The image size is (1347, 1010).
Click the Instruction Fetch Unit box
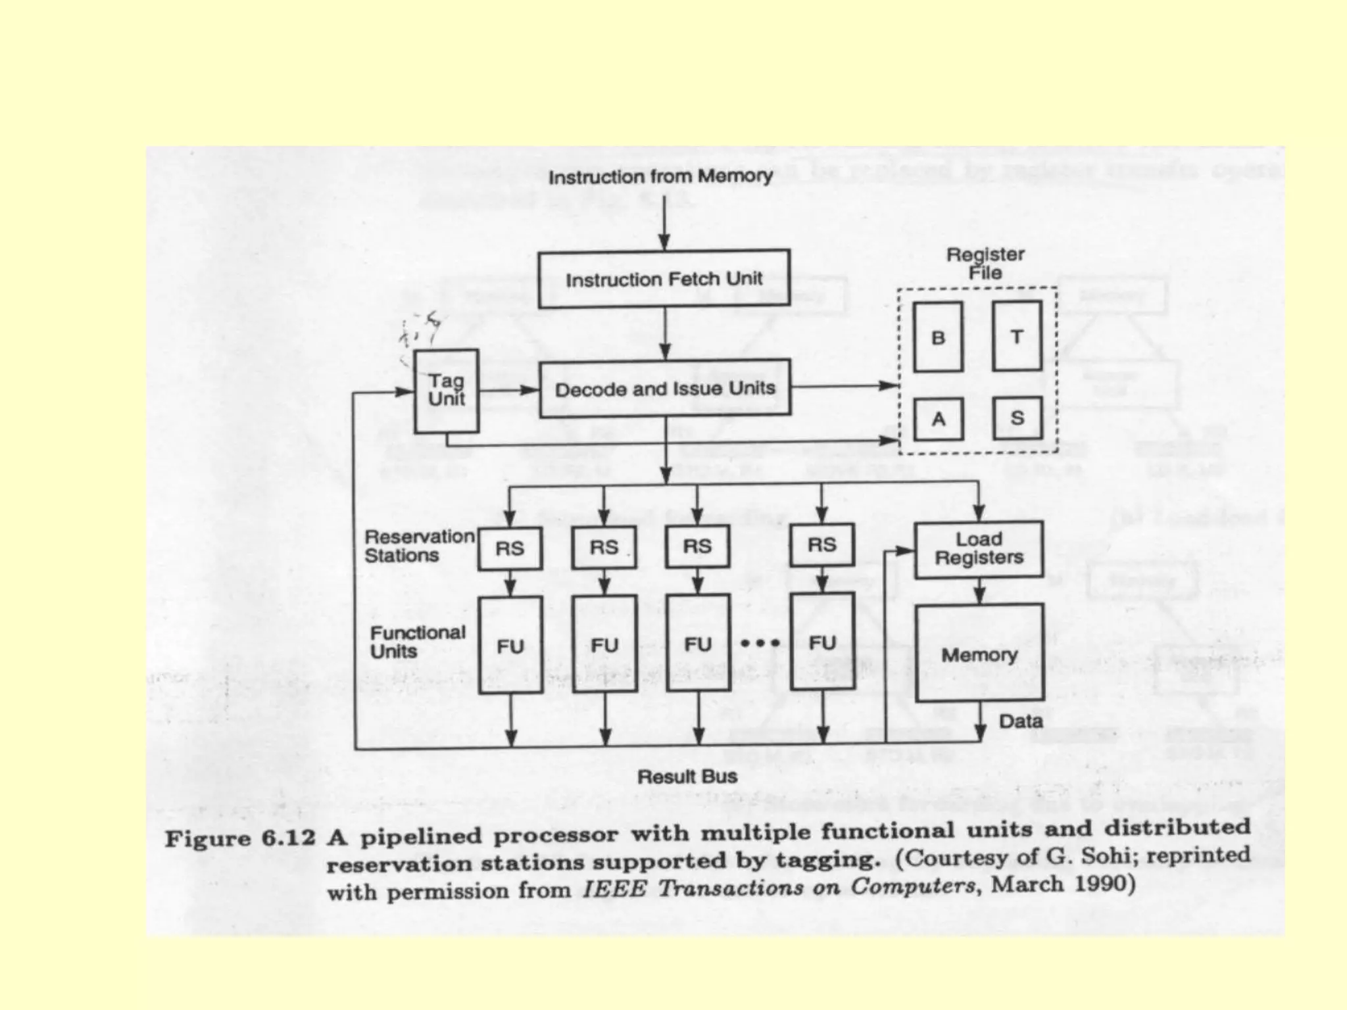(664, 279)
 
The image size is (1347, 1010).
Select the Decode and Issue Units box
(665, 389)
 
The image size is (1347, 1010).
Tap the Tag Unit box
(446, 391)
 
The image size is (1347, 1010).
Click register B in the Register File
(938, 337)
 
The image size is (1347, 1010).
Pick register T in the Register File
(1017, 337)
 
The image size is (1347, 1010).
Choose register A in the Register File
(939, 419)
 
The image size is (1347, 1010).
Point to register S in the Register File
(1017, 418)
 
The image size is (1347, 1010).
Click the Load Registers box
(979, 549)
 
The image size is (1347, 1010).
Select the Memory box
(979, 654)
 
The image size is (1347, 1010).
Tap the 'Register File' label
(985, 263)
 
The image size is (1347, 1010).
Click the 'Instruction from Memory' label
(660, 176)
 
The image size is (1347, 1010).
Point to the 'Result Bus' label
(687, 777)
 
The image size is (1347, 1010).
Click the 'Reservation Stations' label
(419, 546)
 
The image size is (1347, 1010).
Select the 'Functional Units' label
(417, 642)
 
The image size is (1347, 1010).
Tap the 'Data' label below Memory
(1021, 721)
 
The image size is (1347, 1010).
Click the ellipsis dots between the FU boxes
(760, 642)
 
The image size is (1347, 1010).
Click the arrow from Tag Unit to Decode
(509, 390)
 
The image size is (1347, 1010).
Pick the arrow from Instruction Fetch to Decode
(665, 333)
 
